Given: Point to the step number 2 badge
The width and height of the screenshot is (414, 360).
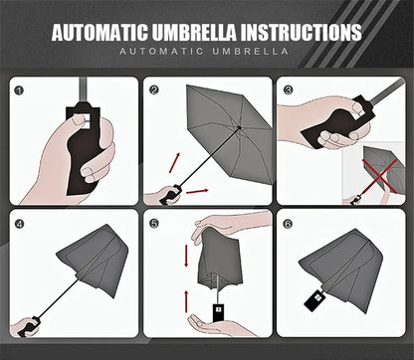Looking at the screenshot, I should pos(154,90).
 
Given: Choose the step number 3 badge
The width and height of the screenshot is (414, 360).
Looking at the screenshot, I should pos(288,90).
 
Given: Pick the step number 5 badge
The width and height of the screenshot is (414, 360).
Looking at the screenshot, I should pos(154,224).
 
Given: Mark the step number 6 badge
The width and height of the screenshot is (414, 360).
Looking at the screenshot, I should pos(288,224).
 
